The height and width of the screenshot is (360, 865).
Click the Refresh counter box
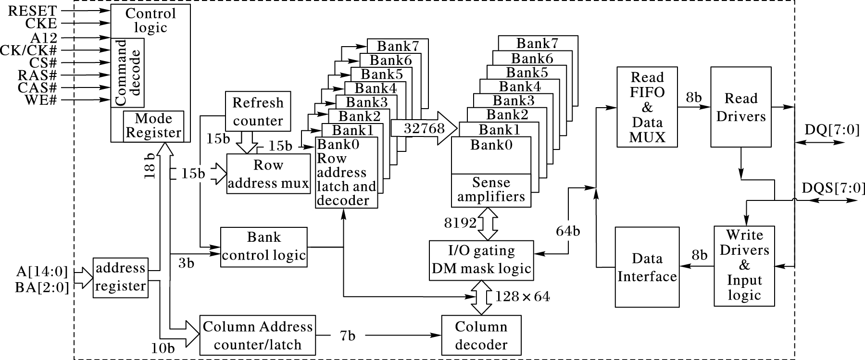click(x=258, y=112)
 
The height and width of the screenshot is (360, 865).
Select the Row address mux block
click(x=268, y=174)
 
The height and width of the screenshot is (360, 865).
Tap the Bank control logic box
click(x=264, y=247)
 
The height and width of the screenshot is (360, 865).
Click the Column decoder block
click(x=481, y=335)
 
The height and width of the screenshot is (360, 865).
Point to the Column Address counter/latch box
click(x=258, y=335)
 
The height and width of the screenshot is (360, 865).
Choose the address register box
click(x=120, y=277)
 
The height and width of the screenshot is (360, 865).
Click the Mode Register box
click(x=153, y=125)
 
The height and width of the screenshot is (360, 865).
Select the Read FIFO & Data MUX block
click(x=647, y=107)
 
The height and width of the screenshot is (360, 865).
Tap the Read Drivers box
click(x=741, y=107)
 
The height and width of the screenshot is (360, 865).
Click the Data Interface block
click(x=647, y=267)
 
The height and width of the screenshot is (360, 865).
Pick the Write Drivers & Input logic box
click(x=744, y=265)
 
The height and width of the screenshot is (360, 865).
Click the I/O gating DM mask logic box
click(x=481, y=260)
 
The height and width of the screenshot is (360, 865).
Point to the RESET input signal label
click(x=32, y=11)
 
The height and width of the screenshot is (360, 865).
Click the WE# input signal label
click(x=40, y=100)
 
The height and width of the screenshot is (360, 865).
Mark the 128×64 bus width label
click(x=523, y=297)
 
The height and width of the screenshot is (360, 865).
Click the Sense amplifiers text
click(x=491, y=190)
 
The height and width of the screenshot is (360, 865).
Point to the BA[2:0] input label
click(x=42, y=287)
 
